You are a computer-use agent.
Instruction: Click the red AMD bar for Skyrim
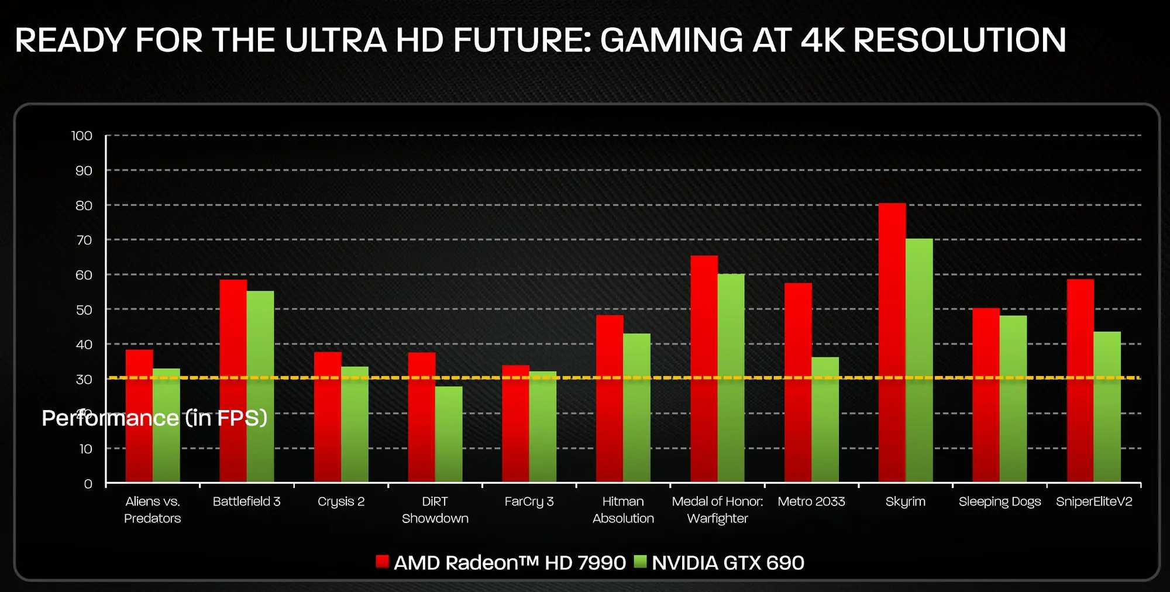click(892, 343)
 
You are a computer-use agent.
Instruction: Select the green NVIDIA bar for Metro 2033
click(825, 420)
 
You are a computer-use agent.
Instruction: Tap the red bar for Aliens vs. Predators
click(139, 416)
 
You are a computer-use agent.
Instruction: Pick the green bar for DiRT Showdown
click(449, 434)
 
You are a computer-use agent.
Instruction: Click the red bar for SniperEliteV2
click(1080, 381)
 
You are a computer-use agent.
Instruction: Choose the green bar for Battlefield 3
click(260, 387)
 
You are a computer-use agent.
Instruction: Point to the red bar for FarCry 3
click(515, 424)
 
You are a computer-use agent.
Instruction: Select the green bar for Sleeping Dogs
click(1013, 399)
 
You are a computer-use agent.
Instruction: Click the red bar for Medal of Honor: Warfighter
click(704, 369)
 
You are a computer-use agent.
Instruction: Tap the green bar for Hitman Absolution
click(636, 408)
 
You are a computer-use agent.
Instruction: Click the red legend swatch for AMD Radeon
click(382, 562)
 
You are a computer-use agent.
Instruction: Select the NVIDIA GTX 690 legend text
click(728, 563)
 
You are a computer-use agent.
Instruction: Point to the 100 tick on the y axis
click(82, 136)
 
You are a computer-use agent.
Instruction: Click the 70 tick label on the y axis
click(84, 240)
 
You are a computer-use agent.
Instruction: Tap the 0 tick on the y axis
click(88, 484)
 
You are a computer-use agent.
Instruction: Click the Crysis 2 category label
click(341, 502)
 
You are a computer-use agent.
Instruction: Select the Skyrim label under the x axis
click(905, 502)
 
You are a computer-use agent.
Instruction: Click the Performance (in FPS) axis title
click(154, 418)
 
